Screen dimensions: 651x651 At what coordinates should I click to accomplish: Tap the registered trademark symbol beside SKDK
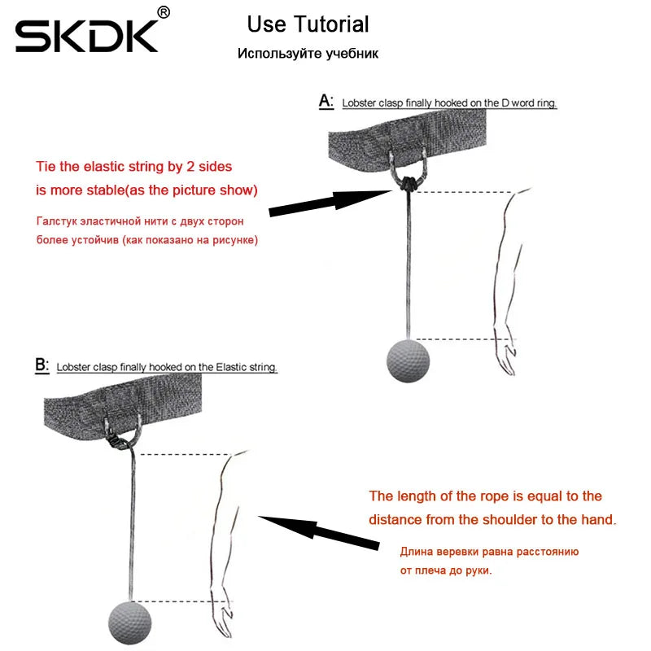point(164,12)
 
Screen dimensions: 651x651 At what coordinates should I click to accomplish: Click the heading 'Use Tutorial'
point(308,24)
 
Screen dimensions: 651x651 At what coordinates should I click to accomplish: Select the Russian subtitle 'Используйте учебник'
point(308,54)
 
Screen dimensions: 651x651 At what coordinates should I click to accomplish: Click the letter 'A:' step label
point(326,101)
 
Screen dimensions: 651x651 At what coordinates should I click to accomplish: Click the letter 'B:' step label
point(42,365)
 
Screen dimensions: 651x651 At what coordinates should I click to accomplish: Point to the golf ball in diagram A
point(409,360)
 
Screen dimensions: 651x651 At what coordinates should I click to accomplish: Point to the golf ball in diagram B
point(129,623)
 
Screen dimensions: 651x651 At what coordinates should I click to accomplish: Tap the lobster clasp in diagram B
point(118,441)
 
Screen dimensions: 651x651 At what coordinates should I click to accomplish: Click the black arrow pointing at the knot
point(330,202)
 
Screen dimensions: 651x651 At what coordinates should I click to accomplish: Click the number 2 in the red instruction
point(190,167)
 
